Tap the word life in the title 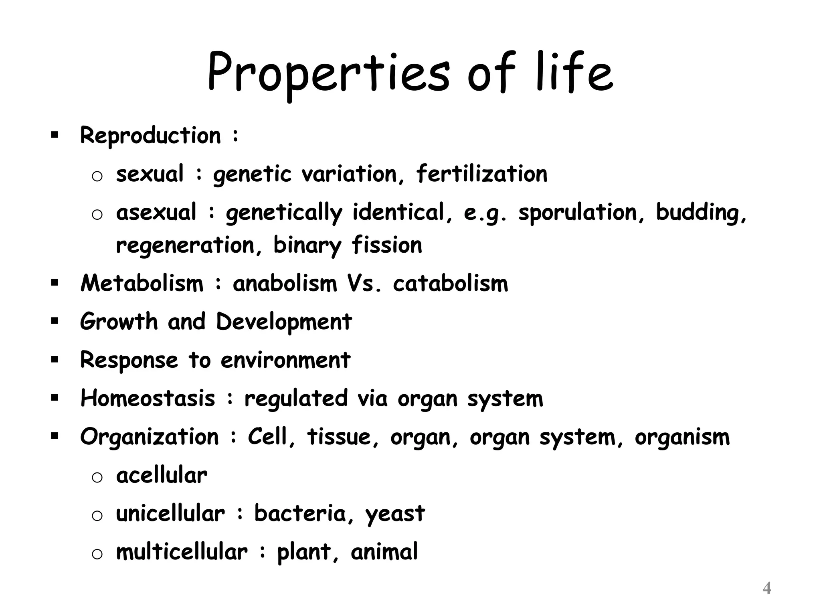tap(574, 72)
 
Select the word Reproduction tap(150, 136)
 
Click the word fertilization tap(481, 174)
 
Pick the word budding tap(701, 212)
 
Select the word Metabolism tap(142, 284)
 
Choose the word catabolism tap(450, 284)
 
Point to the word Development tap(284, 322)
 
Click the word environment tap(285, 360)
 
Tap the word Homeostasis tap(148, 398)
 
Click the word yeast tap(395, 514)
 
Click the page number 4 tap(766, 588)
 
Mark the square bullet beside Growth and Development tap(55, 321)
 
